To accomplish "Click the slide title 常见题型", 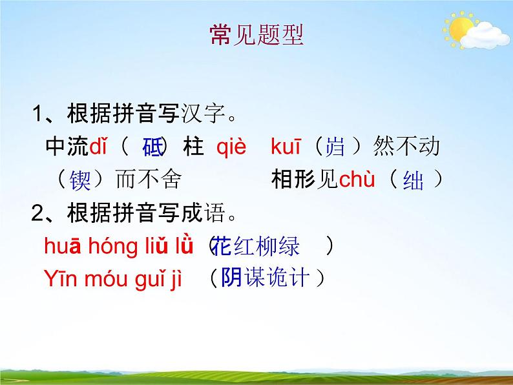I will coord(256,35).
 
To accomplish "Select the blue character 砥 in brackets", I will coord(152,148).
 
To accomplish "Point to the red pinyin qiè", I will coord(231,147).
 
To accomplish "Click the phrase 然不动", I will coord(406,147).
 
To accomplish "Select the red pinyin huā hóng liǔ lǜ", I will coord(119,245).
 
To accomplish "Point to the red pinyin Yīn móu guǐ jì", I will coord(113,278).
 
